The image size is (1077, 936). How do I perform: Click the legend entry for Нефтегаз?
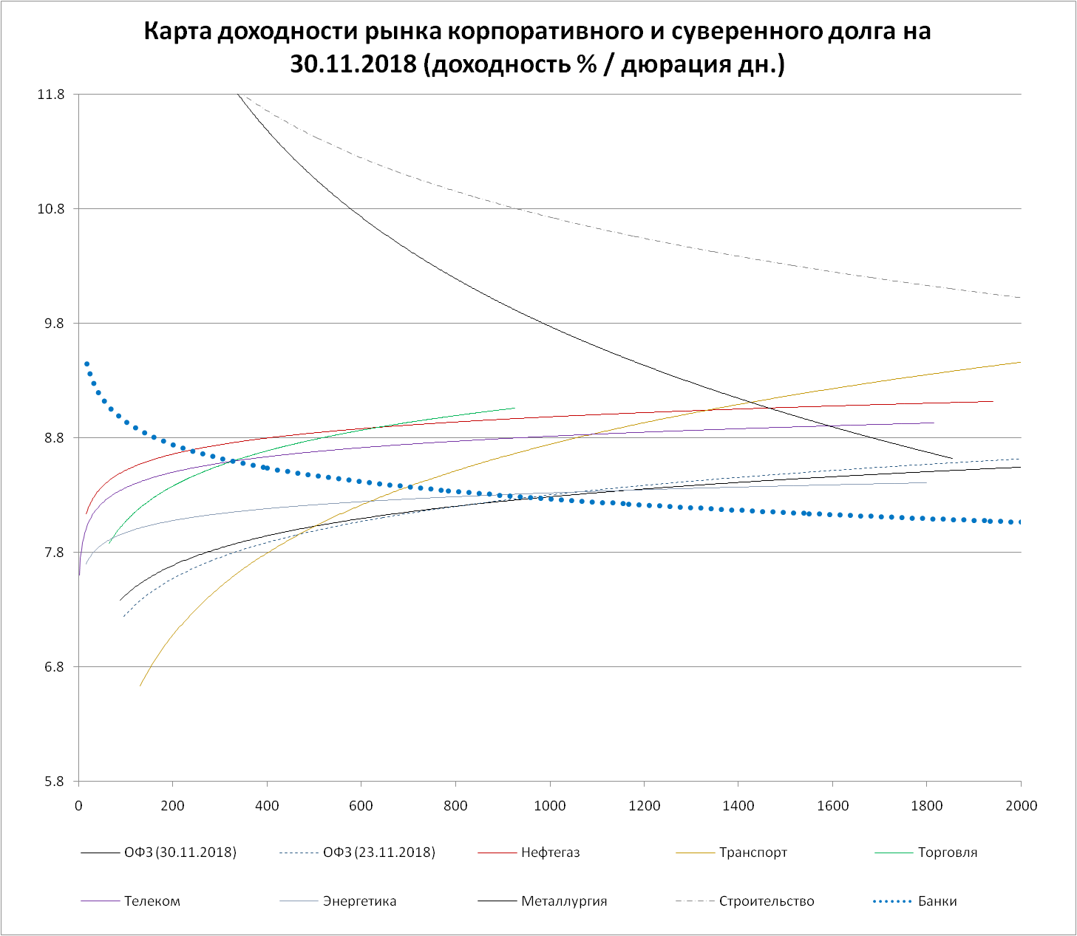tap(550, 853)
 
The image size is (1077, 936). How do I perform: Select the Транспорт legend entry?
tap(752, 853)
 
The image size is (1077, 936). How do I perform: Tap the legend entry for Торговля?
tap(947, 853)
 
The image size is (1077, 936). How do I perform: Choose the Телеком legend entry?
tap(152, 901)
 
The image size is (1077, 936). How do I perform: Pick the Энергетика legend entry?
tap(359, 901)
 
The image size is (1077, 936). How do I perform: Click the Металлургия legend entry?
tap(563, 901)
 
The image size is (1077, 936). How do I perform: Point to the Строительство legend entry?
tap(766, 901)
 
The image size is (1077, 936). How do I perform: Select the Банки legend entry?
tap(937, 901)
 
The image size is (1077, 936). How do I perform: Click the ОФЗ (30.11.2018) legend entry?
tap(180, 853)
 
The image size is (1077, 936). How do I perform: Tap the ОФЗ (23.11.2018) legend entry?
tap(378, 853)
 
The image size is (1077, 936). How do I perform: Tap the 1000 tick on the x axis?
tap(550, 805)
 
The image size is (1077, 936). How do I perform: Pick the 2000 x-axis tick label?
tap(1021, 805)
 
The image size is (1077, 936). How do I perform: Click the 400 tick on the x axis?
tap(267, 805)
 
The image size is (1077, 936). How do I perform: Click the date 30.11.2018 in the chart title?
tap(354, 65)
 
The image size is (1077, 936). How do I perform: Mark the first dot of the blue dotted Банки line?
tap(86, 363)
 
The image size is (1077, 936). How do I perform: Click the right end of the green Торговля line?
tap(514, 408)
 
